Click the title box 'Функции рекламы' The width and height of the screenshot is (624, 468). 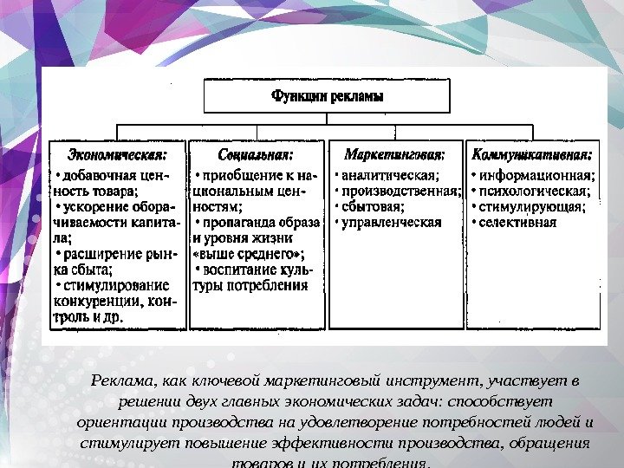tap(327, 95)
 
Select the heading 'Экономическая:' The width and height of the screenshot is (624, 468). tap(117, 155)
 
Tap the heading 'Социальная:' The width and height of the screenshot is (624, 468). tap(256, 155)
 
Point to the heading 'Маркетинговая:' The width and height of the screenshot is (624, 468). tap(395, 155)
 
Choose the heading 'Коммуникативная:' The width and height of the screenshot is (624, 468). tap(532, 155)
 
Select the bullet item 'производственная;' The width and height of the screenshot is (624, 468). tap(400, 191)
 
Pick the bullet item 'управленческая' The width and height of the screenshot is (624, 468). tap(392, 222)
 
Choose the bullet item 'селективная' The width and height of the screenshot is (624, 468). tap(517, 222)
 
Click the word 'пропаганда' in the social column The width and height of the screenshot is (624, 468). tap(236, 223)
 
